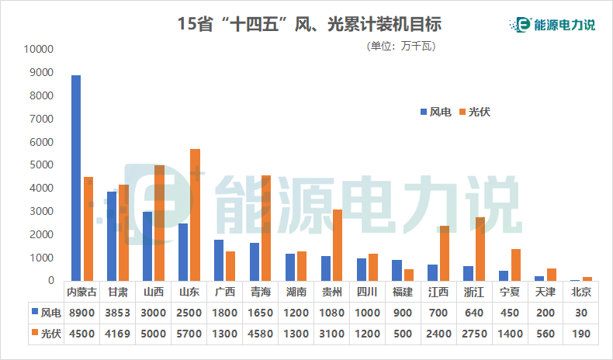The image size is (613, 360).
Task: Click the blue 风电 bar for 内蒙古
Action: tap(76, 178)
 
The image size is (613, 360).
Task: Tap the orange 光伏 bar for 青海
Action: tap(266, 228)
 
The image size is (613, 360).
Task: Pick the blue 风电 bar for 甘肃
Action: tap(112, 236)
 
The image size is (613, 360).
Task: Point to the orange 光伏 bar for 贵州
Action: tap(338, 245)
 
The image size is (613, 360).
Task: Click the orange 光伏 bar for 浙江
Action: tap(480, 249)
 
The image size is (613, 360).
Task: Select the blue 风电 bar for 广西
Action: tap(219, 260)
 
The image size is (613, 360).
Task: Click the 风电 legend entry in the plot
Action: tap(435, 112)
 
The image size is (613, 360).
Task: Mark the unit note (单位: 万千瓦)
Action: tap(400, 47)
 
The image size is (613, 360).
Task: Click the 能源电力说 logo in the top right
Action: tap(556, 24)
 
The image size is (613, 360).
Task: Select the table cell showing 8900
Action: tap(82, 313)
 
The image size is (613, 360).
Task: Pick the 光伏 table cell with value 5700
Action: tap(189, 334)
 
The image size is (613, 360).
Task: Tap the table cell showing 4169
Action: tap(118, 334)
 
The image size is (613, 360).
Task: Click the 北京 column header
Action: tap(581, 292)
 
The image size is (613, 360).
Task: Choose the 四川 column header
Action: tap(367, 292)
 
